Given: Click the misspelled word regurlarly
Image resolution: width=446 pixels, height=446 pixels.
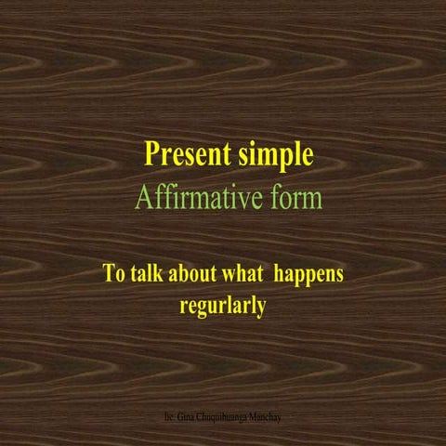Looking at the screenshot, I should [222, 306].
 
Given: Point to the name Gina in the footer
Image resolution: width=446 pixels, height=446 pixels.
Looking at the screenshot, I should [184, 419].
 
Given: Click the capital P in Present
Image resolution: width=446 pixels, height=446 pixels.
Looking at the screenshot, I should [151, 154].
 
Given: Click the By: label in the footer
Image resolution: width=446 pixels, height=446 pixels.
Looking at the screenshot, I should [167, 419].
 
